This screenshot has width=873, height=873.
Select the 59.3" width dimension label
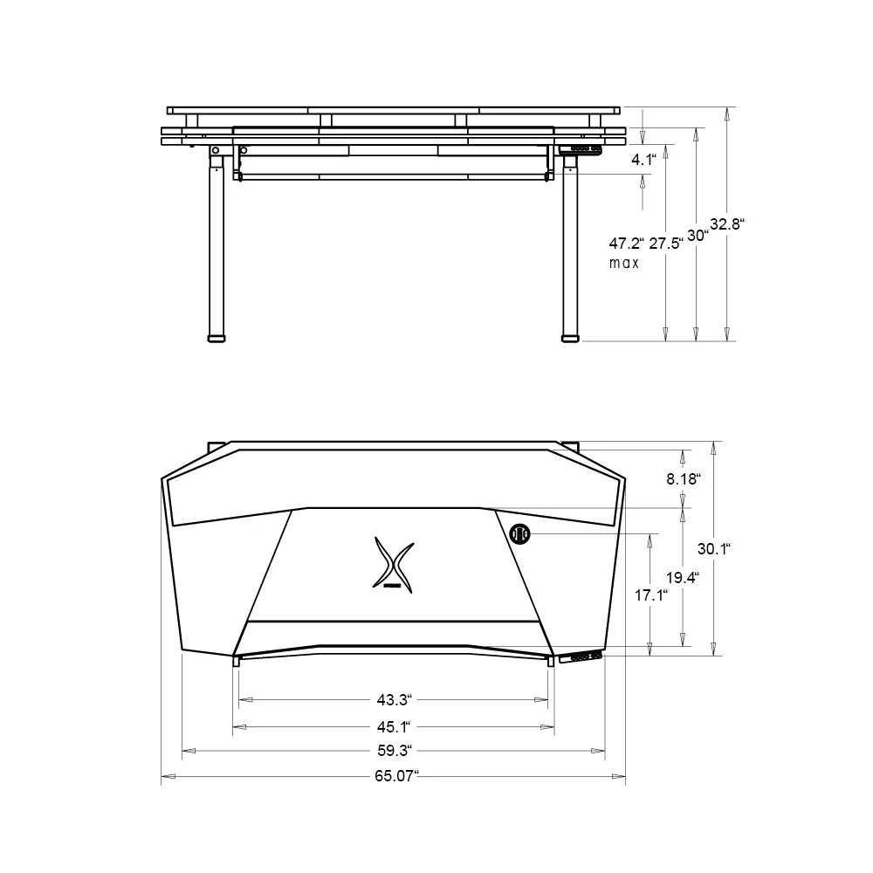point(395,750)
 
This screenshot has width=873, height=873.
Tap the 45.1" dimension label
point(394,725)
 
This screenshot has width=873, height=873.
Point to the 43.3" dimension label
point(394,699)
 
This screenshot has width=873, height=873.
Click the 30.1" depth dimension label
point(713,549)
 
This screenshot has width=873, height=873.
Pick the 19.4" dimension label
point(682,577)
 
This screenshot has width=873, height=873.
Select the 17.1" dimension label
point(650,595)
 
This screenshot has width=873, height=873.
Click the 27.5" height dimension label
point(665,244)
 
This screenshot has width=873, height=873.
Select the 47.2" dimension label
point(626,244)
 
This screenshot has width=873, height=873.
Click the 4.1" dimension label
point(643,160)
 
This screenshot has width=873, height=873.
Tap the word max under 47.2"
point(624,263)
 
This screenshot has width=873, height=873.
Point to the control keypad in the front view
point(581,150)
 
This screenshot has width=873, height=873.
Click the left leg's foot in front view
point(215,336)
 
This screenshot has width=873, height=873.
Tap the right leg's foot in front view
point(571,336)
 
